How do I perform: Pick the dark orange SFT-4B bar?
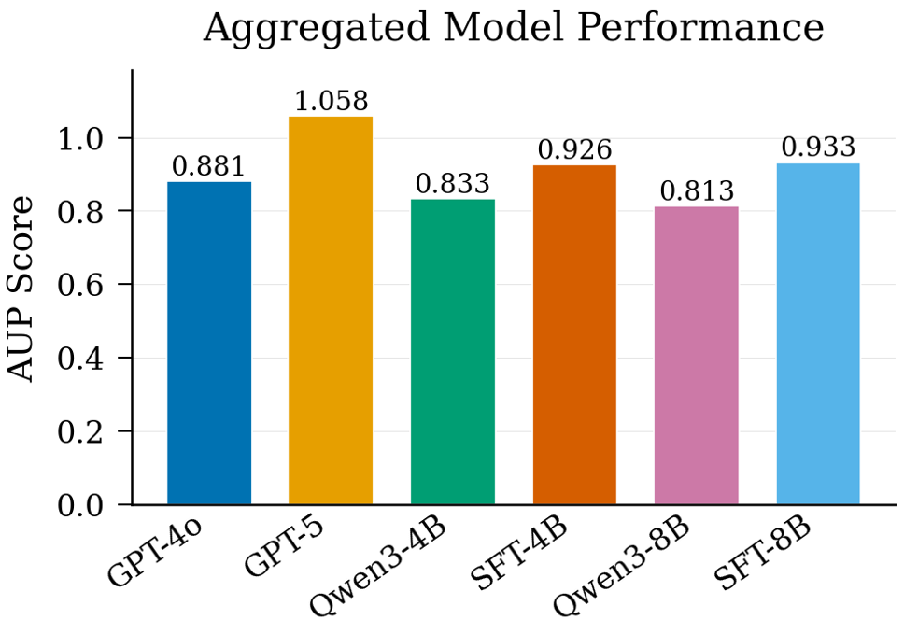574,335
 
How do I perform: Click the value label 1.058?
331,102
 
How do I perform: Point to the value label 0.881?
209,167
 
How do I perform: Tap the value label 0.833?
453,185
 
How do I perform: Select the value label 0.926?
574,150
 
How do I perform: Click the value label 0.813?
697,192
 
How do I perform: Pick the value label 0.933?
818,148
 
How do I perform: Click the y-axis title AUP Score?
22,288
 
